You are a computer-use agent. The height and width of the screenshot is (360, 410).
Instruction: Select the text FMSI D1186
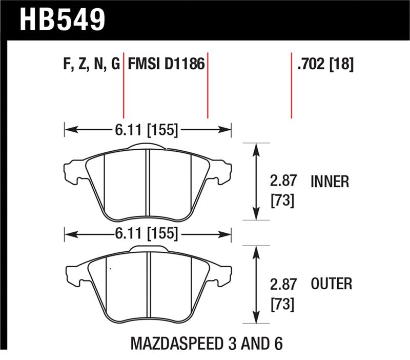click(x=166, y=65)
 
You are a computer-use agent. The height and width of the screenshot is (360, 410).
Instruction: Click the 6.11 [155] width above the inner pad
click(x=148, y=130)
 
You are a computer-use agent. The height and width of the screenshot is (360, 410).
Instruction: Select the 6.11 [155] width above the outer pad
click(x=148, y=234)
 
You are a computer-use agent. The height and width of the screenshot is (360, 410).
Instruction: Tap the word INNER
click(x=330, y=182)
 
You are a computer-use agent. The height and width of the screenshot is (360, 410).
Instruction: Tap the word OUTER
click(x=331, y=284)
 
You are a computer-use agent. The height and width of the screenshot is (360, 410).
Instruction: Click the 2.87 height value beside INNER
click(x=282, y=182)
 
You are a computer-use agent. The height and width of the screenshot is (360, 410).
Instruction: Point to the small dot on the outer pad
click(x=109, y=267)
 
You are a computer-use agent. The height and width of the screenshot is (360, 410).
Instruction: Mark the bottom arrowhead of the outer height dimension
click(x=256, y=319)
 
